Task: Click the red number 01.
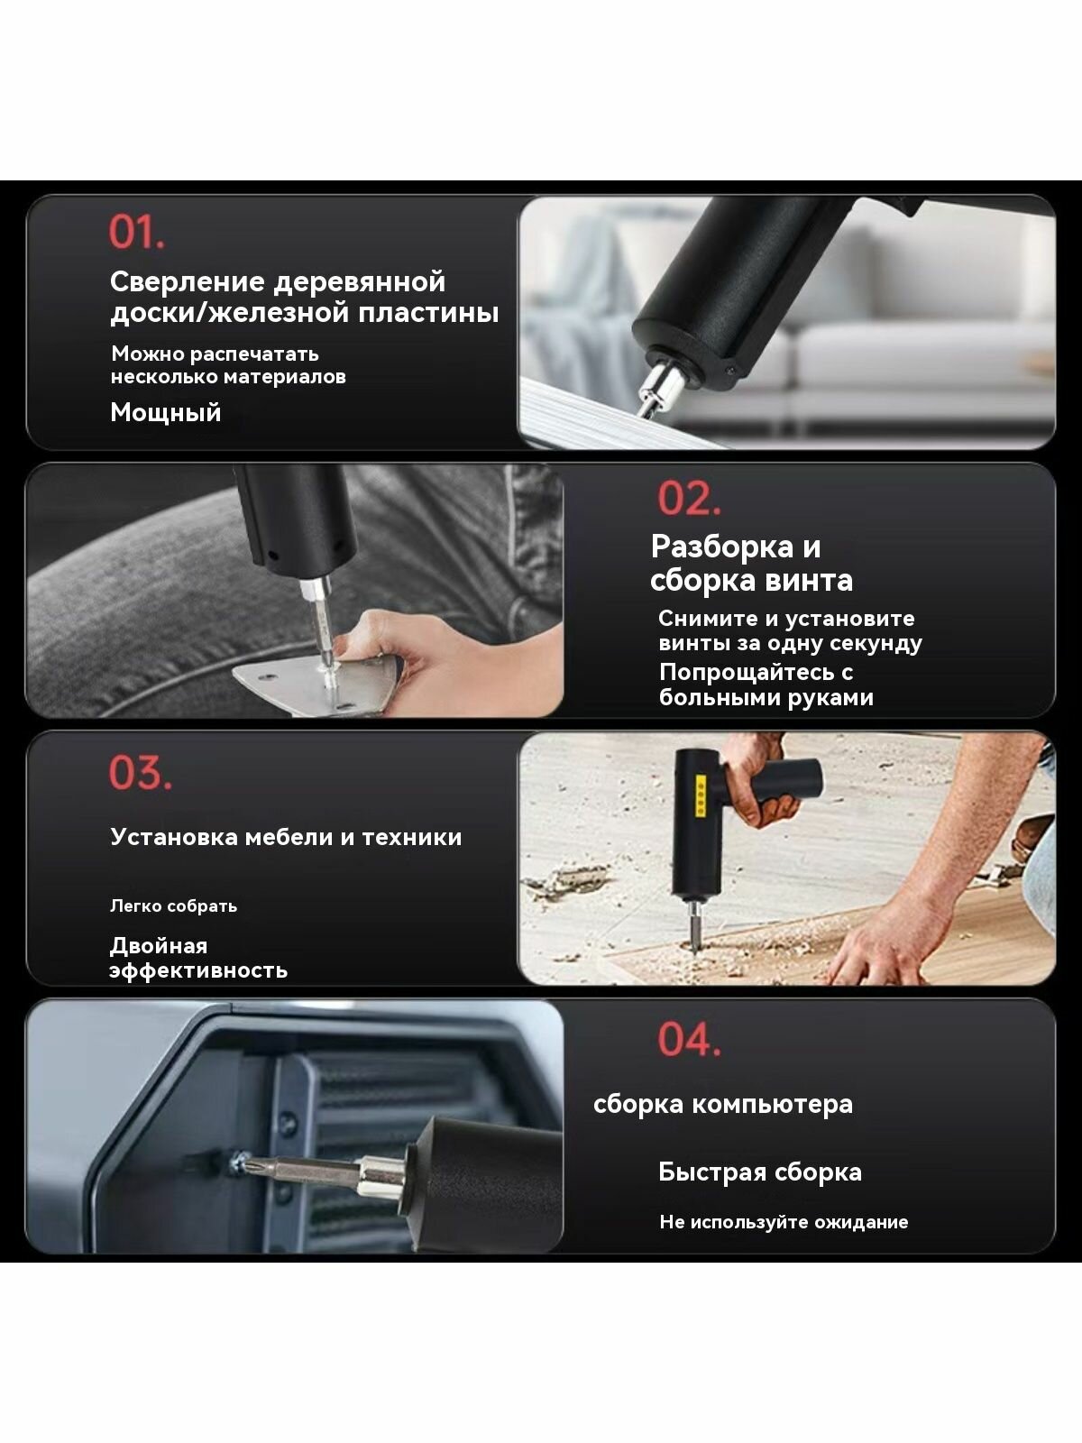[x=137, y=232]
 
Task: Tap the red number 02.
[x=689, y=499]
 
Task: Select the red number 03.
[x=141, y=772]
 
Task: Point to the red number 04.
[x=689, y=1039]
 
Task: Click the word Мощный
[x=166, y=412]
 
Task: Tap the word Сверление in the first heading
[x=188, y=282]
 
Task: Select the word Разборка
[x=722, y=547]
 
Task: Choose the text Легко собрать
[x=173, y=905]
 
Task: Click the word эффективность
[x=198, y=971]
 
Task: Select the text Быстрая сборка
[x=760, y=1172]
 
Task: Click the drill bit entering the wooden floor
[x=693, y=925]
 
